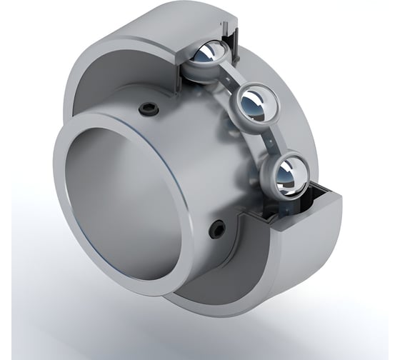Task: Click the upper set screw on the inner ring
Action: [148, 108]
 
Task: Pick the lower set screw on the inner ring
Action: [216, 229]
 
